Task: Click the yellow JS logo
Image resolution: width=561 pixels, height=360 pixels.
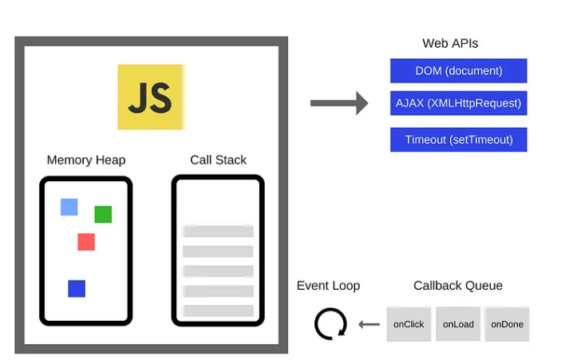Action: click(151, 97)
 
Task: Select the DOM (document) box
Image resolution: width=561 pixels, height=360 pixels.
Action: click(458, 71)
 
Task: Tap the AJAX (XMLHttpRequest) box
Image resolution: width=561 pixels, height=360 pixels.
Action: click(458, 103)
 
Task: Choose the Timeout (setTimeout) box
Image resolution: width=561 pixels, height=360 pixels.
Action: click(458, 140)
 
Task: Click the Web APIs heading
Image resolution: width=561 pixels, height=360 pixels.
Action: click(450, 43)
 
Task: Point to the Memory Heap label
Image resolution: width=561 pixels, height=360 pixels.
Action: click(86, 160)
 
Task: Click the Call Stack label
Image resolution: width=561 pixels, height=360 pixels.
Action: click(218, 160)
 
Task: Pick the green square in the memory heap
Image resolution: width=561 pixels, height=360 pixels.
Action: click(103, 214)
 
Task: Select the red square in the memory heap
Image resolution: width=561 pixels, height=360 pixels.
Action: click(86, 242)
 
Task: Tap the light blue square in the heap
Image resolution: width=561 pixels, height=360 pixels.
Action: click(69, 208)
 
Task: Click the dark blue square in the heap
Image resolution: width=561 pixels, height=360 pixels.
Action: click(77, 288)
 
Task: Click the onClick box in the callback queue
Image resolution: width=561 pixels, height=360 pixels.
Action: click(409, 324)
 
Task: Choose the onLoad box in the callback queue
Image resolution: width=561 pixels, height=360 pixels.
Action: click(458, 324)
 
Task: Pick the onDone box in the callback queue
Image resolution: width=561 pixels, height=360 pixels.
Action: click(507, 324)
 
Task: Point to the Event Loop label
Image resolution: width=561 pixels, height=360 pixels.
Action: click(329, 286)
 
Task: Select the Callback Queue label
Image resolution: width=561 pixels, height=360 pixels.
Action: click(458, 286)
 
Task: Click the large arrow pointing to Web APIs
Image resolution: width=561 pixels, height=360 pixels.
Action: click(339, 103)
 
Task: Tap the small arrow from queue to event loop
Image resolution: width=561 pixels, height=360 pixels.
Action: click(369, 325)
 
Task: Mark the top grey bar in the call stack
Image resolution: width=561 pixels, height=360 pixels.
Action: click(218, 231)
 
